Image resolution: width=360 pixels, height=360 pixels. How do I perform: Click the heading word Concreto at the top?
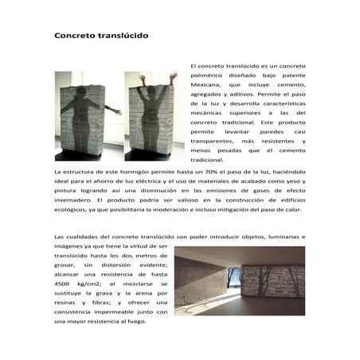pyautogui.click(x=75, y=36)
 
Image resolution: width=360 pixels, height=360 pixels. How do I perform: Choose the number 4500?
pyautogui.click(x=65, y=284)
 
